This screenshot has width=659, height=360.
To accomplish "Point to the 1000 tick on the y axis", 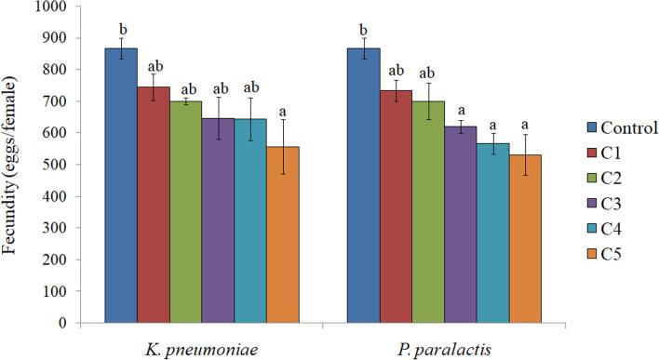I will tap(61, 7).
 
